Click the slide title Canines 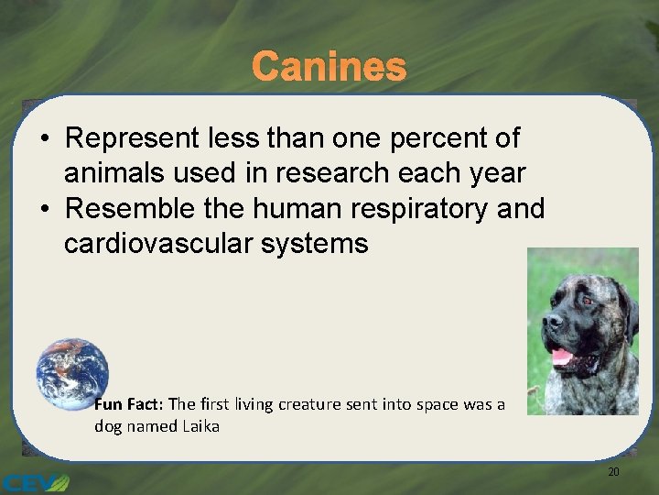329,66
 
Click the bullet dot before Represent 45,139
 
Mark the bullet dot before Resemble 45,210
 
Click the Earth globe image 72,375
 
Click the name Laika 200,426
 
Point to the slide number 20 613,471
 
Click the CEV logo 35,482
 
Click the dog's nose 550,324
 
